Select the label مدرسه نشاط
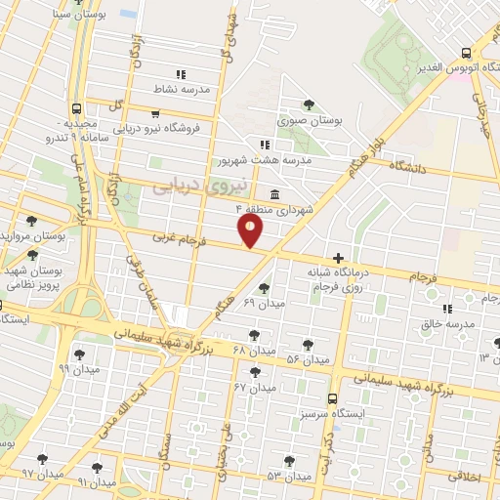tap(181, 89)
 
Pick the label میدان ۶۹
tap(264, 304)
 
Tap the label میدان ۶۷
tap(255, 387)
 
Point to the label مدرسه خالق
tap(453, 323)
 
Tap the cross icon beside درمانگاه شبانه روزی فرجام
tap(338, 259)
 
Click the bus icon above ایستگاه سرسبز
tap(333, 398)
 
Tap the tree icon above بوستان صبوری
tap(310, 104)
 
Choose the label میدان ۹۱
tap(96, 481)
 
